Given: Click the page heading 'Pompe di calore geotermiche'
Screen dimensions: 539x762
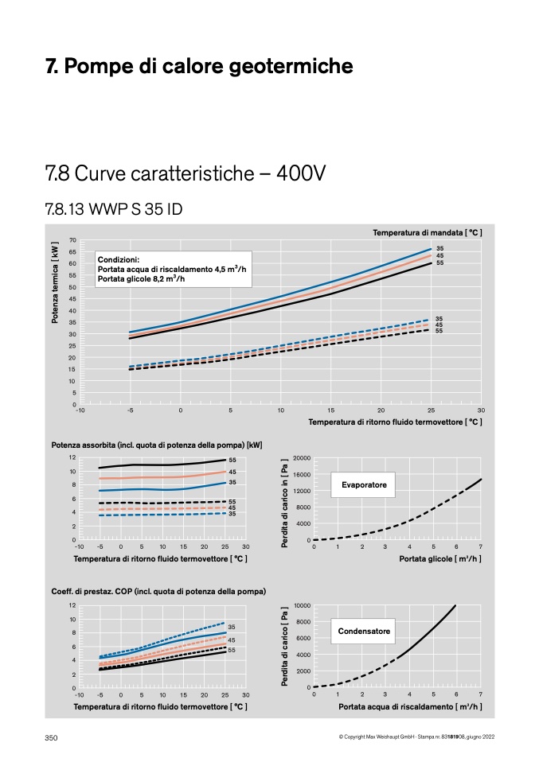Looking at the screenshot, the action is pyautogui.click(x=209, y=66).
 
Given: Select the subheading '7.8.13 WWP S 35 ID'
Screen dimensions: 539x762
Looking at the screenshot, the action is pyautogui.click(x=114, y=209).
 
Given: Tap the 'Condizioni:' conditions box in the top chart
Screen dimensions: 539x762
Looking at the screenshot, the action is pyautogui.click(x=174, y=269).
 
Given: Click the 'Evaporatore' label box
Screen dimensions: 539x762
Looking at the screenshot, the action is pyautogui.click(x=363, y=484).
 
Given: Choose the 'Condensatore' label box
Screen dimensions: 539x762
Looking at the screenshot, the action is pyautogui.click(x=363, y=631).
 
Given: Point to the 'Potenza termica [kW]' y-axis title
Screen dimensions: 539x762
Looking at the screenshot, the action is pyautogui.click(x=55, y=282).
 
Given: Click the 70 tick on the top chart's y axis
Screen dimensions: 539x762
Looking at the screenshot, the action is pyautogui.click(x=72, y=240).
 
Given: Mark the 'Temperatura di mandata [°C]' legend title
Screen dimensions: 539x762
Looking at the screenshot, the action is pyautogui.click(x=428, y=233).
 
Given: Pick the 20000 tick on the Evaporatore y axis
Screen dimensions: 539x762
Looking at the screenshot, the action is pyautogui.click(x=302, y=458).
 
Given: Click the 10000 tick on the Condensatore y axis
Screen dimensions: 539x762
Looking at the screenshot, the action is pyautogui.click(x=302, y=605).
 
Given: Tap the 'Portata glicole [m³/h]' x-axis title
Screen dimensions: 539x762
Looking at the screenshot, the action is pyautogui.click(x=440, y=559).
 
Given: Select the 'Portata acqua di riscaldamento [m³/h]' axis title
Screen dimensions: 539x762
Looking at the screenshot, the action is pyautogui.click(x=410, y=706).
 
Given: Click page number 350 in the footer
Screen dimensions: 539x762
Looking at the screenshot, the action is pyautogui.click(x=51, y=737).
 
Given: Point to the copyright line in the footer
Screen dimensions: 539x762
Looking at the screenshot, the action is pyautogui.click(x=417, y=737).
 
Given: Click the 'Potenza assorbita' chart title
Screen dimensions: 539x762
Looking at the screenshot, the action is pyautogui.click(x=157, y=445).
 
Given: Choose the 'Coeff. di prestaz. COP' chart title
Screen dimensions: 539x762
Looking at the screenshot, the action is pyautogui.click(x=158, y=592).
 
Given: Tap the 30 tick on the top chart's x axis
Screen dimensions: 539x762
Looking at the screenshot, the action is pyautogui.click(x=481, y=410).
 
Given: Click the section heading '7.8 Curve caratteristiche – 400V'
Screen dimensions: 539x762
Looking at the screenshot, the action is pyautogui.click(x=186, y=173).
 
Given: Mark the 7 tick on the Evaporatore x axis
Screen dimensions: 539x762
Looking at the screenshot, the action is pyautogui.click(x=481, y=546).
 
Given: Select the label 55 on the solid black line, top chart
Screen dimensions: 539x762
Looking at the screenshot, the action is pyautogui.click(x=439, y=263).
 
